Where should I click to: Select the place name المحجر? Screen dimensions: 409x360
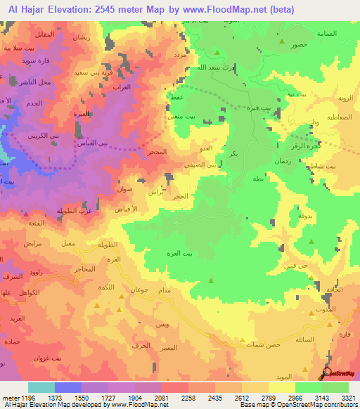coord(157,152)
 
